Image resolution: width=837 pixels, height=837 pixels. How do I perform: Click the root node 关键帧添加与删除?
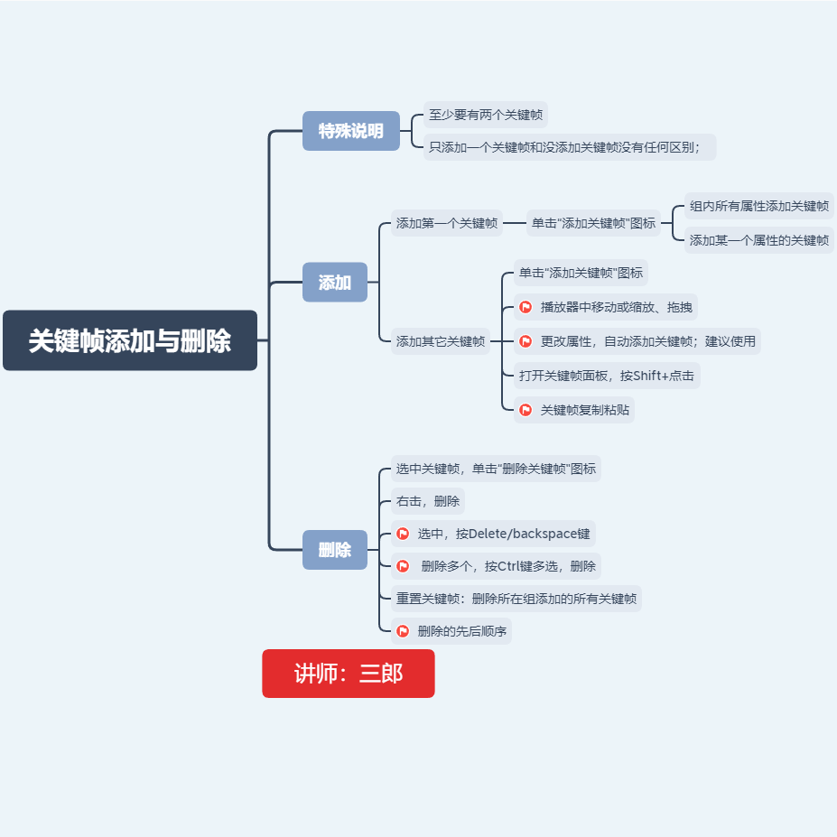click(x=130, y=340)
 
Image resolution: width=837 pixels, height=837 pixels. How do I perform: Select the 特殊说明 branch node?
click(x=351, y=131)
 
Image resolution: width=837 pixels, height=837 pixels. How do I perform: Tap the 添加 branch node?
click(x=335, y=282)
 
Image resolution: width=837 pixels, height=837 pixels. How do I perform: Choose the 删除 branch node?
click(x=335, y=549)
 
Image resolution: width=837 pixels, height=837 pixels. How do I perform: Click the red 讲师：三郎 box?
click(x=349, y=674)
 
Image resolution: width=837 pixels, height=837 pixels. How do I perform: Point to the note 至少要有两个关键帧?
click(x=486, y=115)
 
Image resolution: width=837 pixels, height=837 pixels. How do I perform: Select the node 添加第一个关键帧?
click(x=447, y=223)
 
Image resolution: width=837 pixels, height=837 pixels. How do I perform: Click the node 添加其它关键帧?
click(x=441, y=341)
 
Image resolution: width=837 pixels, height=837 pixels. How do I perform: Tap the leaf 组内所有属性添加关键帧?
click(x=758, y=205)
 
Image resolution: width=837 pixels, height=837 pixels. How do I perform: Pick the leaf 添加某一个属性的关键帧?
click(x=758, y=240)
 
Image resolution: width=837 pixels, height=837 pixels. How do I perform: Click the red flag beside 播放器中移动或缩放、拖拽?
click(x=525, y=307)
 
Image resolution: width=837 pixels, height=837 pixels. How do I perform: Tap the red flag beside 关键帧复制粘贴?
click(x=525, y=410)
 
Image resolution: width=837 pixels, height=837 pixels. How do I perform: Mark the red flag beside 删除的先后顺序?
click(x=403, y=631)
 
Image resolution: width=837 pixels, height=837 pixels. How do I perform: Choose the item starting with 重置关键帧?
click(x=516, y=599)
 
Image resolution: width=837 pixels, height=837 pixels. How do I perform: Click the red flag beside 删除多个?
click(x=403, y=566)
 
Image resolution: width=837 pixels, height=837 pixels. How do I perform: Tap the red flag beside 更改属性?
click(x=525, y=341)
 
